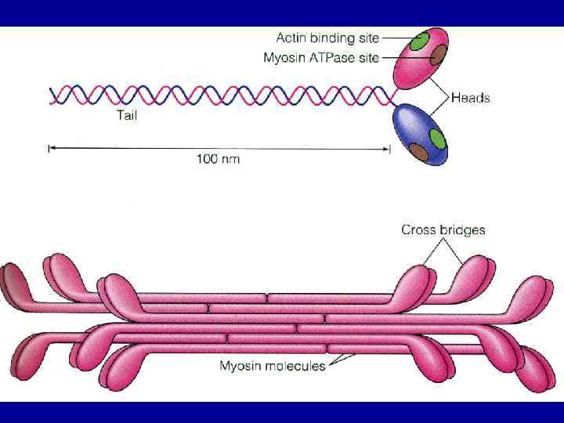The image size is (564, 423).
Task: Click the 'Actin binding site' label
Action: (x=327, y=38)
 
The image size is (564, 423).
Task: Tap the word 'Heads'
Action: (x=471, y=98)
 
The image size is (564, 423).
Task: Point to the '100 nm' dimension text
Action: (x=218, y=159)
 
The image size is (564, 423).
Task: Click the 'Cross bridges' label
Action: (x=443, y=230)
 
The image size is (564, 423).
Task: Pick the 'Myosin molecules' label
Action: (x=272, y=366)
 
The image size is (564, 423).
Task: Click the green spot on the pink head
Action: (x=421, y=41)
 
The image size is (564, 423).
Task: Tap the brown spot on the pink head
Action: (x=439, y=55)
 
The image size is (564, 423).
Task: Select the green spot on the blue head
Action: (x=437, y=139)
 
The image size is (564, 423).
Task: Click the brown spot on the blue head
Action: (x=419, y=151)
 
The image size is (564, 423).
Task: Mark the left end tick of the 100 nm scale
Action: (x=49, y=148)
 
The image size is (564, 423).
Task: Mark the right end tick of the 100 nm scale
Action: (x=390, y=148)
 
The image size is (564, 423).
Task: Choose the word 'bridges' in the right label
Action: (x=464, y=230)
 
